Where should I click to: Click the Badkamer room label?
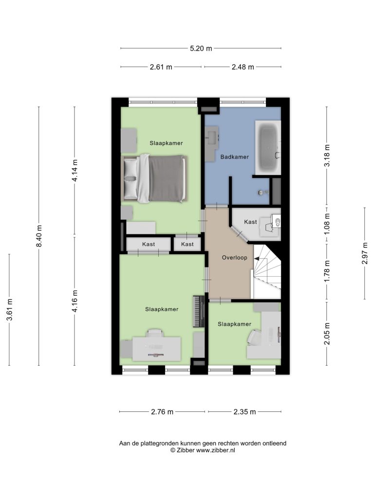[x=234, y=157]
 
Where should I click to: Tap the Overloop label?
[x=234, y=258]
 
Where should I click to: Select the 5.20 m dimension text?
[x=201, y=49]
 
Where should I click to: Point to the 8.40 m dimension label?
[x=39, y=236]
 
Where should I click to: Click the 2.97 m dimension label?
[x=364, y=253]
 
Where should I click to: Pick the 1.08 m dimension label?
[x=327, y=224]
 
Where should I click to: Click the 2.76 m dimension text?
[x=162, y=412]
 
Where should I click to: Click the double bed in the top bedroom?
[x=154, y=178]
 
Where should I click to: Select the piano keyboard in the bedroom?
[x=199, y=311]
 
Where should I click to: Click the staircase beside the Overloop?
[x=267, y=271]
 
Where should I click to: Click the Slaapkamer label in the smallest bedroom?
[x=234, y=324]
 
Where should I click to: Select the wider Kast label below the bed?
[x=149, y=244]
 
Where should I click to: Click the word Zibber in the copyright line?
[x=186, y=450]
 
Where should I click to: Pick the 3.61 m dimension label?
[x=10, y=310]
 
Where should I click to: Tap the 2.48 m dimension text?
[x=243, y=67]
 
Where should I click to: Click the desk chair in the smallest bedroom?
[x=254, y=338]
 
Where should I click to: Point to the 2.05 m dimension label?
[x=327, y=334]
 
